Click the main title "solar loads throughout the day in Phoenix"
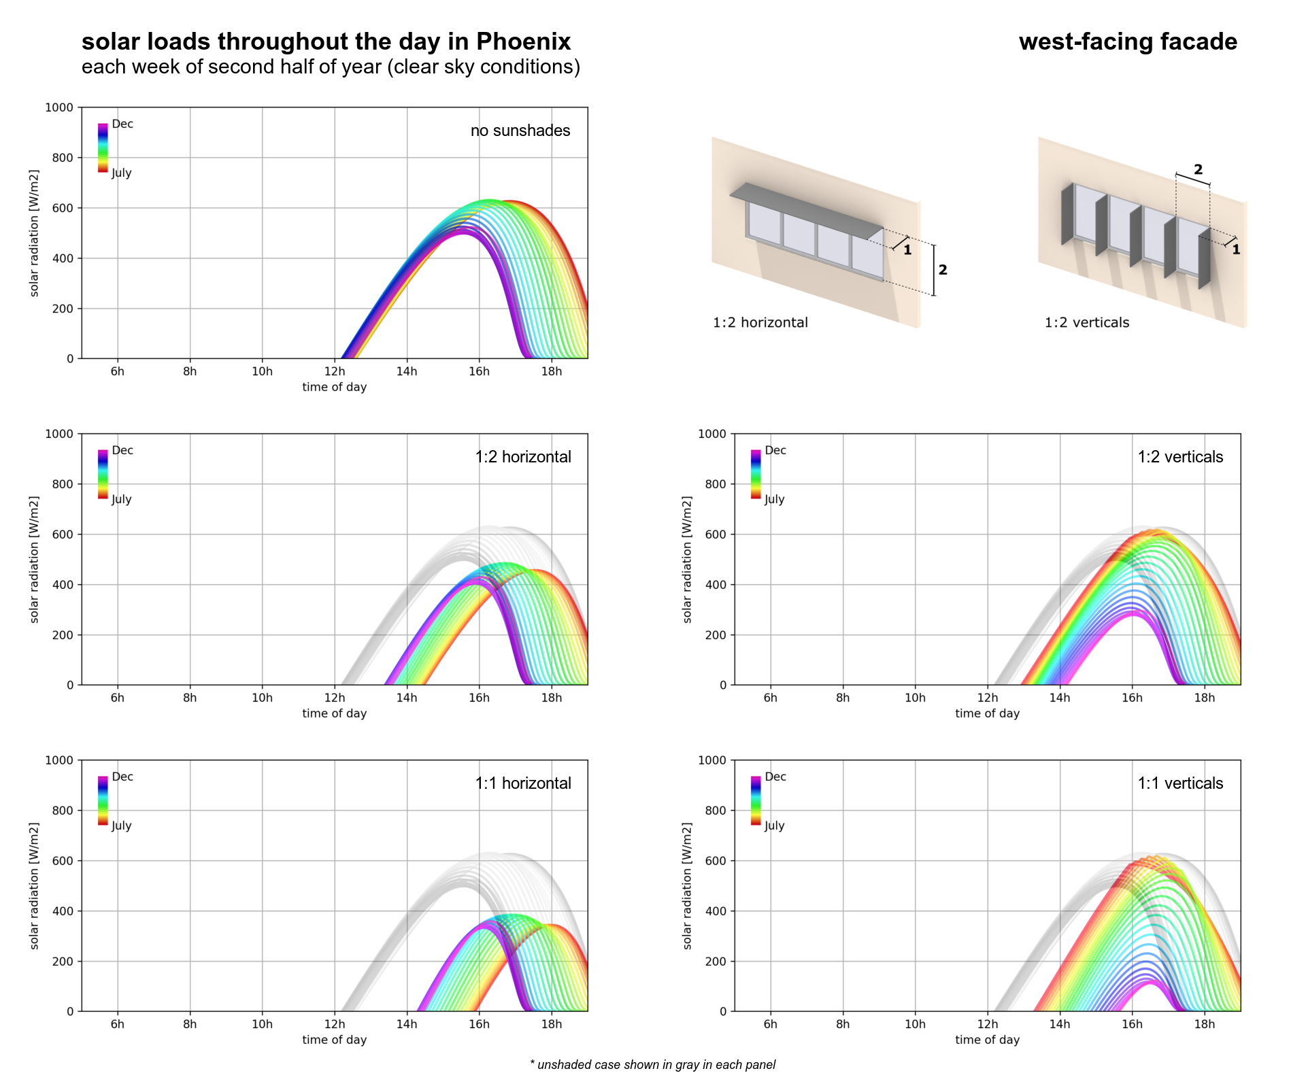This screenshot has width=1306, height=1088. coord(326,42)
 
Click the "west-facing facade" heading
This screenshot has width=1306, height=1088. coord(1127,42)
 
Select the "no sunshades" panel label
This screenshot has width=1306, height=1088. coord(520,131)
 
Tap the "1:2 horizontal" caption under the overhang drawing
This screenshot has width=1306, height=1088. coord(760,322)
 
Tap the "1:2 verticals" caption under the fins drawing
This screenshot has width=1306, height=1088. coord(1086,322)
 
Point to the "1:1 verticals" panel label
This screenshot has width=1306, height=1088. coord(1180,783)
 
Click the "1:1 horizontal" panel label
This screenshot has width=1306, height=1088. coord(523,783)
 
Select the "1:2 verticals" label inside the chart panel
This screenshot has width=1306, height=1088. coord(1180,457)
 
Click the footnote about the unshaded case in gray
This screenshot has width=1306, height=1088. coord(652,1065)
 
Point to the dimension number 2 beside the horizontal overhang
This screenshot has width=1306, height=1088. coord(943,270)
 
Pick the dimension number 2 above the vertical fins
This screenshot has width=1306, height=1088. coord(1198,169)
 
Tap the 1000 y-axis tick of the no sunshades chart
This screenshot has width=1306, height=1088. coord(59,107)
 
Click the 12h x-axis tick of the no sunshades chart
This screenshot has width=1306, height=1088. coord(334,371)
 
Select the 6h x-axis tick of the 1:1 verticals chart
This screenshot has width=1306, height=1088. coord(770,1024)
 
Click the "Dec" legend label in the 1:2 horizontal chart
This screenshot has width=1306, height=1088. coord(122,450)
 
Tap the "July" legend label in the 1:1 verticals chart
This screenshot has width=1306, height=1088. coord(774,826)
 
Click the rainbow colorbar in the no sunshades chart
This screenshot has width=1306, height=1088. coord(103,148)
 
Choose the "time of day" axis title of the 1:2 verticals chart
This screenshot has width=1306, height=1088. coord(987,713)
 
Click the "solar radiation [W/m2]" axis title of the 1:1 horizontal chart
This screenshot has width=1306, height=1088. coord(35,885)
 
